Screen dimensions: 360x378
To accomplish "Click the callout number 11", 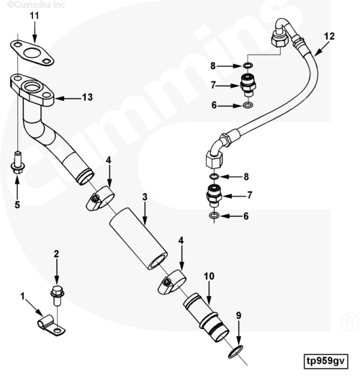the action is click(35, 16).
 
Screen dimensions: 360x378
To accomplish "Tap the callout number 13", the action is click(87, 97).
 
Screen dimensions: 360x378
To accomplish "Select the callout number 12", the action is click(329, 37).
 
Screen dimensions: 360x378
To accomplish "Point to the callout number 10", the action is click(209, 276).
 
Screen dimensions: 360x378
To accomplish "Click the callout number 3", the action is click(145, 197).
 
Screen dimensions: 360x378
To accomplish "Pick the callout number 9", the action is click(238, 315).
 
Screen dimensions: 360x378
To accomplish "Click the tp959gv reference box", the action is click(325, 361).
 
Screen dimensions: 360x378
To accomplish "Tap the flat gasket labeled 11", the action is click(32, 53).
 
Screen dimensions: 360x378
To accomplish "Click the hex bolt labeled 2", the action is click(57, 295).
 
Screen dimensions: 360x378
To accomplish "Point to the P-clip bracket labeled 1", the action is click(51, 325).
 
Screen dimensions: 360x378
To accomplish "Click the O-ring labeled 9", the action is click(235, 352).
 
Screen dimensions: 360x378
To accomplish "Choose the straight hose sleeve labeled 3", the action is click(138, 238).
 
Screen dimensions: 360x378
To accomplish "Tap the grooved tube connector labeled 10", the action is click(206, 318).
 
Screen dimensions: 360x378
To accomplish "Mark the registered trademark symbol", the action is click(350, 322).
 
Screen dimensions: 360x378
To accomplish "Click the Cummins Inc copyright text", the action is click(36, 4).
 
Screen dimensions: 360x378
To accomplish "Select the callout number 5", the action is click(17, 204).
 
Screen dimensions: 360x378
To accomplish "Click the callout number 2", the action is click(56, 254).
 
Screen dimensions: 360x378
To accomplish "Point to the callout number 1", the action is click(22, 296).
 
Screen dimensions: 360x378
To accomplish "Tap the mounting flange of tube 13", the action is click(32, 90).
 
